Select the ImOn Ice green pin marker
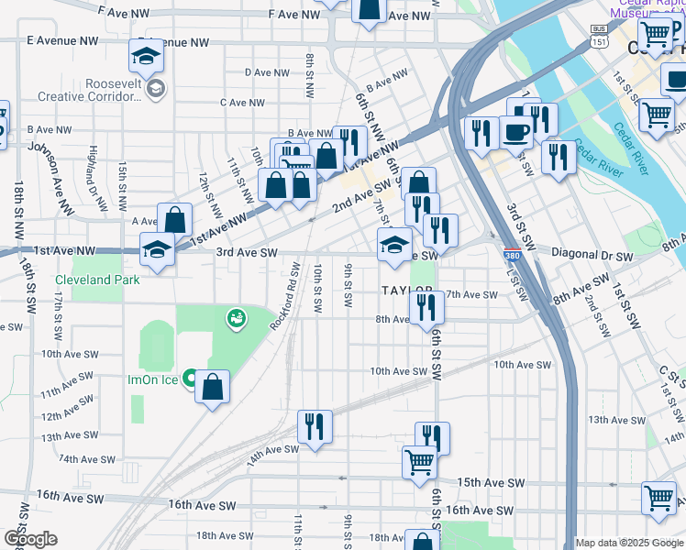coord(190,377)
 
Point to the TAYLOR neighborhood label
coord(405,290)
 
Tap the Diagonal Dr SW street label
coord(592,257)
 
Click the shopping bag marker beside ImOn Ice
coord(212,387)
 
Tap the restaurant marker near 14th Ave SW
coord(315,426)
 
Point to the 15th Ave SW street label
coord(491,482)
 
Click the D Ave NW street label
coord(267,72)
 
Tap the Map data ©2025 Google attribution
coord(629,543)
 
